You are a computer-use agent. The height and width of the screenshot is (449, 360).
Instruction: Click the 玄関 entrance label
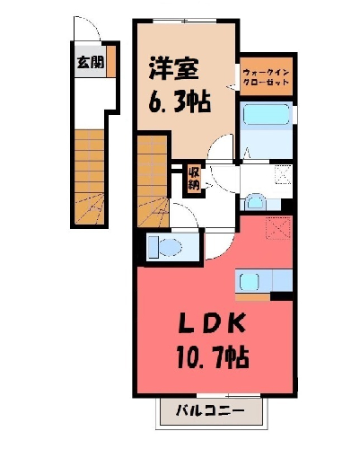click(x=91, y=62)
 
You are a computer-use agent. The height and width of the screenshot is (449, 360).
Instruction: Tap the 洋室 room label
click(x=174, y=68)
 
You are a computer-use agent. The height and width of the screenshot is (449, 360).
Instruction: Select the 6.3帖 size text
click(x=180, y=101)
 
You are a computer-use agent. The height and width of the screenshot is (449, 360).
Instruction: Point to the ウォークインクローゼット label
click(x=266, y=77)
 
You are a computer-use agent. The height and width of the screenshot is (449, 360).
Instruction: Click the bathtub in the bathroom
click(x=267, y=115)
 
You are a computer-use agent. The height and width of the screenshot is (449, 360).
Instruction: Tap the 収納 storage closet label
click(x=194, y=180)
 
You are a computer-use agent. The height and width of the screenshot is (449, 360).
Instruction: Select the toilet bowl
click(x=165, y=247)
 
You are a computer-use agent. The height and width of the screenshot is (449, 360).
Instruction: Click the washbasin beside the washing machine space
click(x=255, y=202)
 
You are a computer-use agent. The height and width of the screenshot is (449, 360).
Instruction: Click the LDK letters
click(x=212, y=323)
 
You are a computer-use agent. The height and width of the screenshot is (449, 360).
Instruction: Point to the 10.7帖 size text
click(x=213, y=357)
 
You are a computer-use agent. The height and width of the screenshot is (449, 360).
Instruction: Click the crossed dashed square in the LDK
click(x=278, y=228)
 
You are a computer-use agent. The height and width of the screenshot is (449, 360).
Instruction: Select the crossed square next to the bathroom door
click(x=283, y=174)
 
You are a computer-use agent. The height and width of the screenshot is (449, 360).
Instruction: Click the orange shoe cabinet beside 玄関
click(x=111, y=61)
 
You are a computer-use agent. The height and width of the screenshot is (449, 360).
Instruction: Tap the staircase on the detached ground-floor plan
click(x=89, y=177)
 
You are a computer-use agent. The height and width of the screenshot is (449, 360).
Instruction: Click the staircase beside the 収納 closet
click(x=153, y=181)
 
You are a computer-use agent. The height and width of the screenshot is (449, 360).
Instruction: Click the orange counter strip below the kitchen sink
click(x=253, y=297)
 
